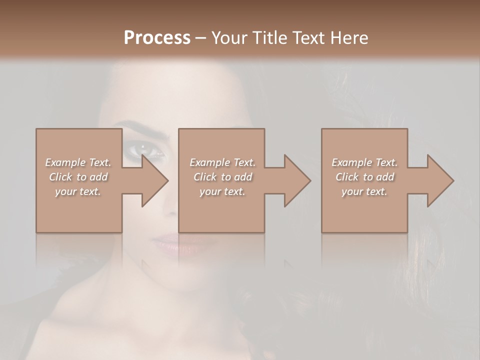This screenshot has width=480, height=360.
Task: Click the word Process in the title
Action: click(x=157, y=38)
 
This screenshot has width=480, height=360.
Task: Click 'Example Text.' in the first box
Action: click(x=78, y=162)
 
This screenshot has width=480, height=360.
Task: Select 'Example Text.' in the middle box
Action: click(x=222, y=162)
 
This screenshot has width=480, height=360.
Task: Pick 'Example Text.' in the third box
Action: click(x=364, y=162)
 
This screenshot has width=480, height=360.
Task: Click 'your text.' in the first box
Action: click(x=78, y=191)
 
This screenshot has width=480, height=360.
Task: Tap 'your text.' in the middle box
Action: click(x=222, y=191)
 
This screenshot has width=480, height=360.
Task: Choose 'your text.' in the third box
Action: click(x=364, y=191)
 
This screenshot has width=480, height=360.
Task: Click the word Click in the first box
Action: click(x=60, y=177)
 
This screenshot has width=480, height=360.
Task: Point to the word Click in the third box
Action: click(x=347, y=177)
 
